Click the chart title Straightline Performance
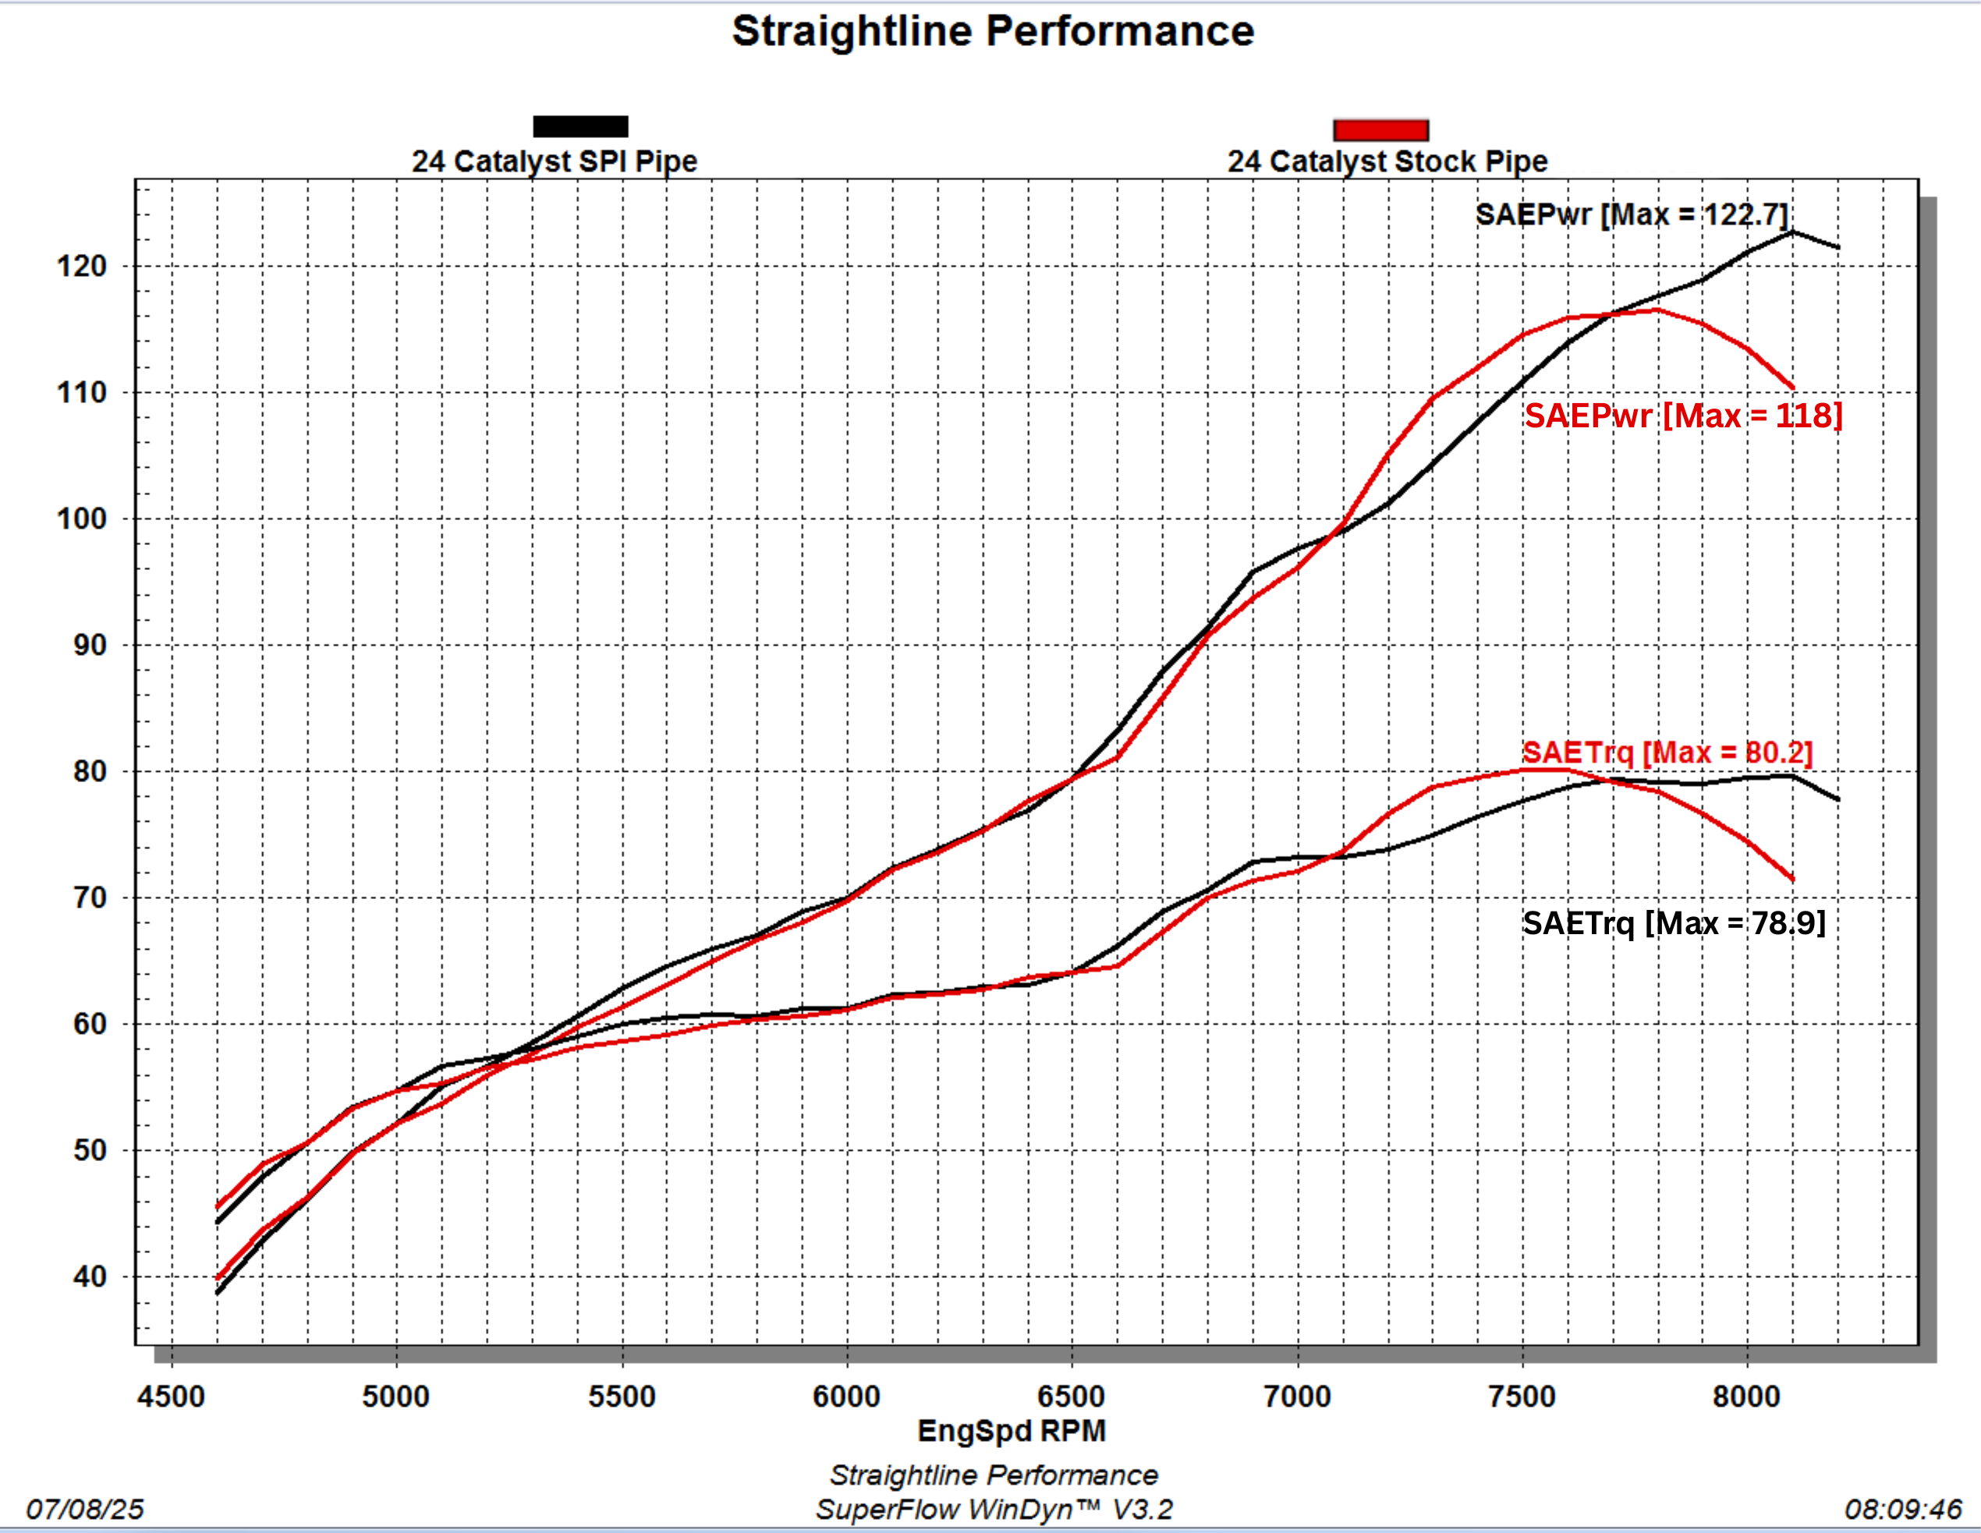[x=993, y=32]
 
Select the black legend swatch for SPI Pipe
[x=580, y=127]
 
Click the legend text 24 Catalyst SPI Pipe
[x=555, y=161]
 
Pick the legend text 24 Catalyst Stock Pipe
[x=1387, y=161]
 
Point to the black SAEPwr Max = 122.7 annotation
[x=1631, y=215]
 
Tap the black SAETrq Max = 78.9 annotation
[x=1674, y=922]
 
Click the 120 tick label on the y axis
[x=82, y=267]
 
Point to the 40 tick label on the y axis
[x=90, y=1277]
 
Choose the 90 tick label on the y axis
[x=90, y=646]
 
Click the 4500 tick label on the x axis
[x=171, y=1396]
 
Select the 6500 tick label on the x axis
[x=1072, y=1396]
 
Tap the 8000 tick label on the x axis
[x=1746, y=1396]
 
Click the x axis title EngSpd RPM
[x=1012, y=1431]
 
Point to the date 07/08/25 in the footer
[x=85, y=1510]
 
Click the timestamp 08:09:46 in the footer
[x=1903, y=1510]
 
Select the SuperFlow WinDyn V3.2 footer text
[x=993, y=1510]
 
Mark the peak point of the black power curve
[x=1792, y=232]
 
